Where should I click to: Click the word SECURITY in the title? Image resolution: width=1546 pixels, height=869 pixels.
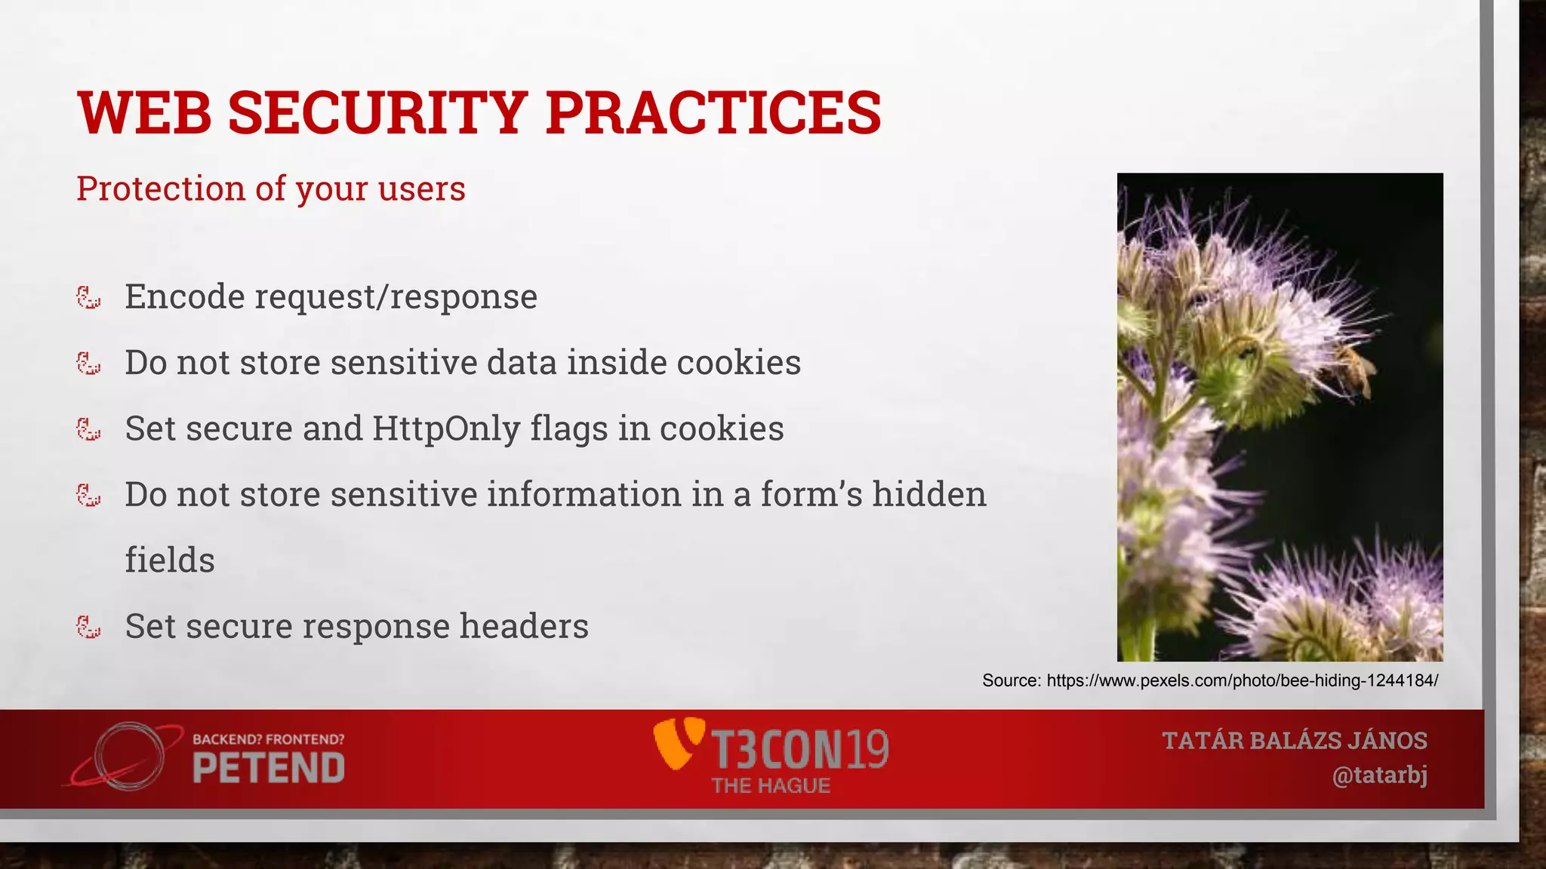[377, 113]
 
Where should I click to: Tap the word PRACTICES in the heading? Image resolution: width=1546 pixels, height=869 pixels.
[713, 113]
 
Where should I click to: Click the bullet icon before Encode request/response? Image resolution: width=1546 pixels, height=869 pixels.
[89, 297]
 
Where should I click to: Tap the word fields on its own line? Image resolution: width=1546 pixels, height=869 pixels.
[170, 560]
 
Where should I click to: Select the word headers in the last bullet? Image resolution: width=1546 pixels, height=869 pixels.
[524, 626]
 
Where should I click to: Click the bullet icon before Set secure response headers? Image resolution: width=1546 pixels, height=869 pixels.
[89, 627]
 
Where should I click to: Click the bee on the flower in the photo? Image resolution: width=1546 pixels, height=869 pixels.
[1355, 370]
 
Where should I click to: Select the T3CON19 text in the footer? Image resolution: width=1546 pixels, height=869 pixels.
[800, 749]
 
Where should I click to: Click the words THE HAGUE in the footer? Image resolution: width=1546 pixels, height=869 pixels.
[770, 786]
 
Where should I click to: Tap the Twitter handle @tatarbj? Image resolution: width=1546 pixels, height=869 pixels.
[1379, 775]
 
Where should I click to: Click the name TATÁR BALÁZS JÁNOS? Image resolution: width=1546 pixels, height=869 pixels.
[1295, 741]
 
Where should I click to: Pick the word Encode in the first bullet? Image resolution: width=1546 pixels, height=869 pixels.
[185, 297]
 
